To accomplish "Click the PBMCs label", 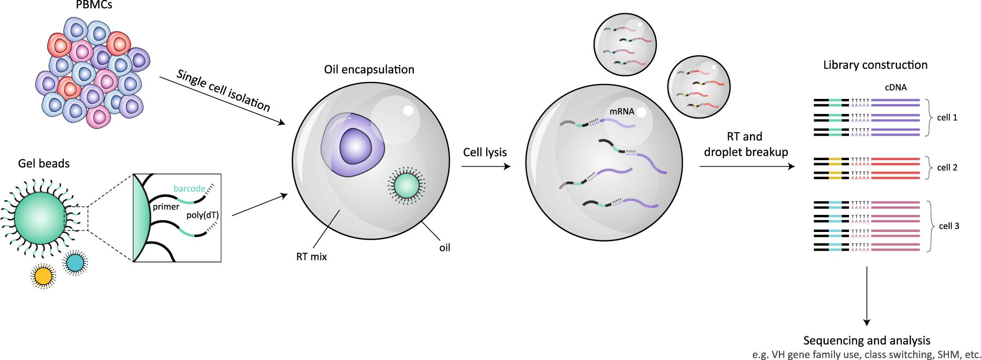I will coord(94,5).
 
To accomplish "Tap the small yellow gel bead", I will coord(43,276).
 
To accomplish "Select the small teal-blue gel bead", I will coord(75,262).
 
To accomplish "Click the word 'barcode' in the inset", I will coord(189,189).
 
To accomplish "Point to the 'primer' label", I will coord(166,207).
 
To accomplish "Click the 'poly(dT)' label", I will coord(202,215).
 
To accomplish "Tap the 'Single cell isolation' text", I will coord(224,91).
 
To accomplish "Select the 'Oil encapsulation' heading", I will coord(369,70).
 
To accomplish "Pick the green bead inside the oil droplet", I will coord(406,185).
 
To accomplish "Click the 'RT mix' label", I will coord(311,257).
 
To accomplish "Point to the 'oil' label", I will coord(445,248).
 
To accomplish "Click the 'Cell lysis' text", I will coord(485,153).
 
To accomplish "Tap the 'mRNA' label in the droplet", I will coord(622,111).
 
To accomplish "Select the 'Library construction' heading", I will coord(875,65).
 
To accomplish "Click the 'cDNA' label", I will coord(896,87).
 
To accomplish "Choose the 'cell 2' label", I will coord(947,168).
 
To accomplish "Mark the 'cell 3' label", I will coord(949,226).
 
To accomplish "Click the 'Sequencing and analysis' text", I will coord(866,340).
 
